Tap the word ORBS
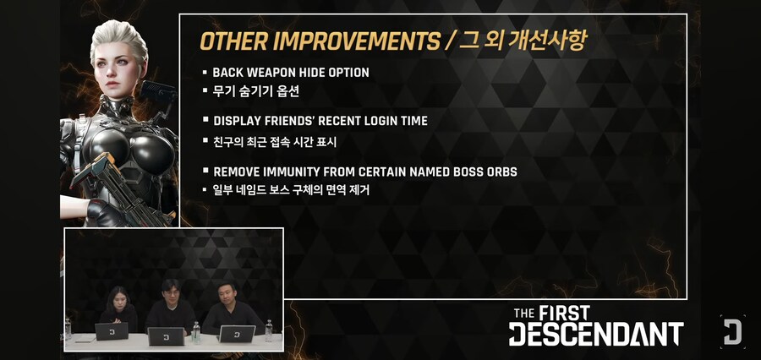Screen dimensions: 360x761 (x=500, y=172)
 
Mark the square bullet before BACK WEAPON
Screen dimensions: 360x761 (x=205, y=73)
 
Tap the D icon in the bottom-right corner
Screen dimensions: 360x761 (x=732, y=330)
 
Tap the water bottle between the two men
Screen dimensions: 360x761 (x=196, y=330)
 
